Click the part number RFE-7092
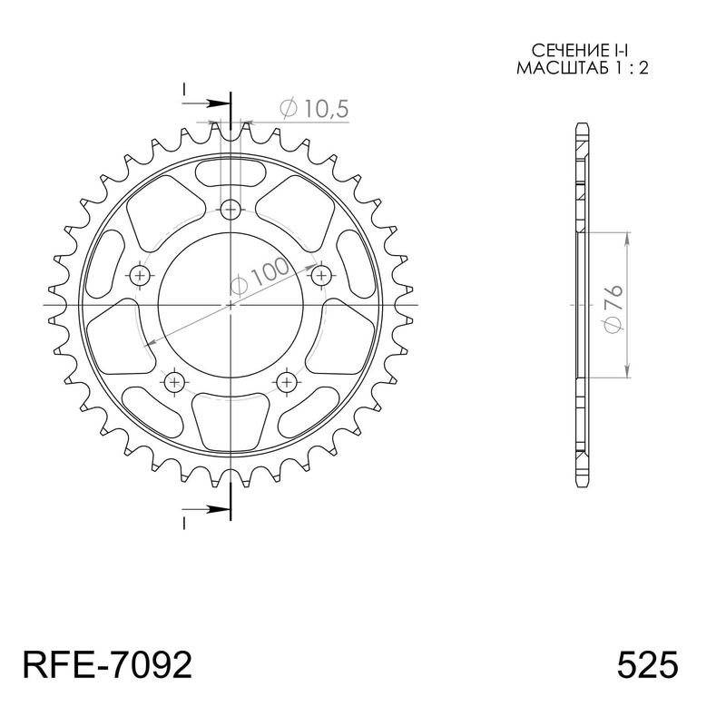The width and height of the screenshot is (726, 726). point(107,665)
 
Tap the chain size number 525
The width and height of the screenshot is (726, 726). point(647,665)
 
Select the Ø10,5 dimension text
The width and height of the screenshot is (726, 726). point(314,109)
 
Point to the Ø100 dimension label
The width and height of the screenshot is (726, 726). point(260,277)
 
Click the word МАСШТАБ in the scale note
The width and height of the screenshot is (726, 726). point(556,68)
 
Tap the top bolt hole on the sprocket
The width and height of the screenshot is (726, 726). point(231,211)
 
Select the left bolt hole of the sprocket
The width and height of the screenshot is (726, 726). point(140,277)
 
